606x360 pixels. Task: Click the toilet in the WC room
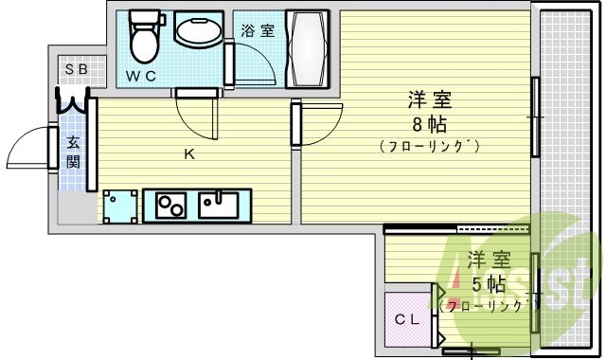pos(145,36)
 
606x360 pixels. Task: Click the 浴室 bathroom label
pos(257,30)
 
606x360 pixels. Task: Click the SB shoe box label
pos(76,70)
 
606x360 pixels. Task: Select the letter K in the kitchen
pos(189,154)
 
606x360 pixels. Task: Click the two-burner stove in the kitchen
pos(170,204)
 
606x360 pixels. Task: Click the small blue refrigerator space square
pos(119,206)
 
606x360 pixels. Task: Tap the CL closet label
pos(406,319)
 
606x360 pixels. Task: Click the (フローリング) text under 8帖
pos(428,146)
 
